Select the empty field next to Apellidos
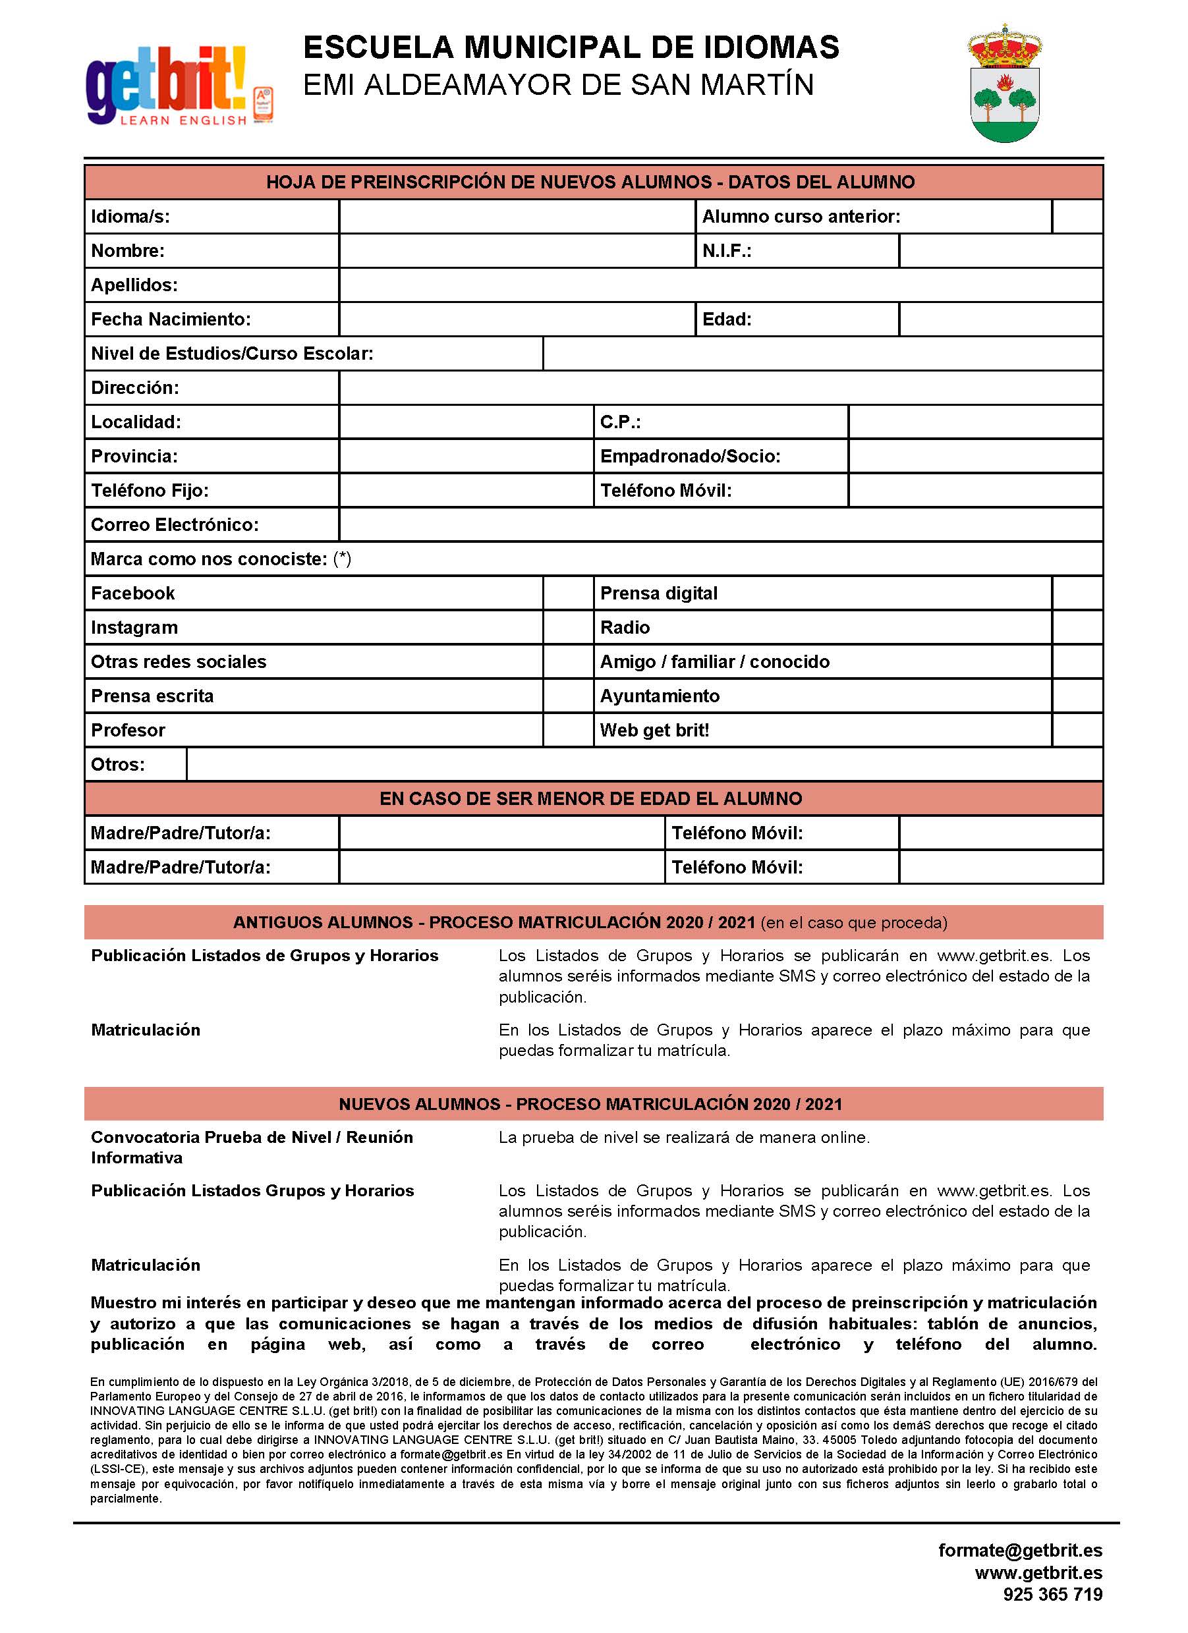pos(720,285)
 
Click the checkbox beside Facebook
pos(568,594)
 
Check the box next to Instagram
pos(568,627)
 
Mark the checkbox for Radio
pos(1077,627)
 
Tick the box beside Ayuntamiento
pos(1077,696)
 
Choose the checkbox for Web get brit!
pos(1077,730)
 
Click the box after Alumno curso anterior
pos(1077,217)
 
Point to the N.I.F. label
pos(727,251)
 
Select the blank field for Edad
pos(1001,319)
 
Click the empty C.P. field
pos(976,422)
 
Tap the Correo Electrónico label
pos(174,525)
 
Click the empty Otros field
pos(644,764)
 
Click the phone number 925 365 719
pos(1053,1594)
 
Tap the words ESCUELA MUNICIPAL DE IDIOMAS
pos(571,47)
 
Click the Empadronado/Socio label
pos(690,457)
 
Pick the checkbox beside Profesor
pos(568,730)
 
